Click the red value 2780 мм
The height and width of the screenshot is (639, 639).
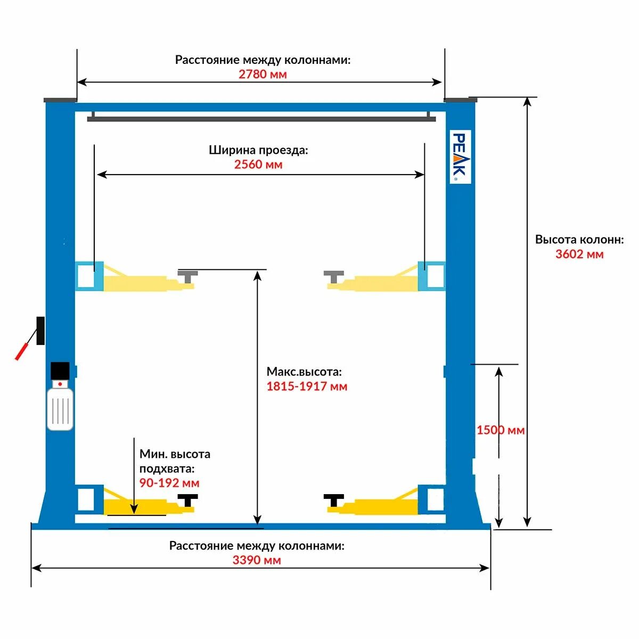[263, 74]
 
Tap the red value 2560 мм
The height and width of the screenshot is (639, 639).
[258, 165]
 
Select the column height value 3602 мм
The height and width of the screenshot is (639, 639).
[579, 254]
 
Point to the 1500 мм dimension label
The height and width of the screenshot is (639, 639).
[500, 430]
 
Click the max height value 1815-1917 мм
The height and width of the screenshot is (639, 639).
[307, 386]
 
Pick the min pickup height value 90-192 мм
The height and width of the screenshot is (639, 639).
[169, 483]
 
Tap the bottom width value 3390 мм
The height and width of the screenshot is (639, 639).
[257, 560]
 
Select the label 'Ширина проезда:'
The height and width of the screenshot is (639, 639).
[258, 150]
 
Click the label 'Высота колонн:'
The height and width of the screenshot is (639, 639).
[579, 240]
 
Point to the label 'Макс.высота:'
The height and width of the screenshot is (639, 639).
[304, 372]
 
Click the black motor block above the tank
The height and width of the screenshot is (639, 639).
[60, 371]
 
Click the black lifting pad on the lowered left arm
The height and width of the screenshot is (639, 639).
[187, 500]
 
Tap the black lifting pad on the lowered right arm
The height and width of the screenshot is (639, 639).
[334, 500]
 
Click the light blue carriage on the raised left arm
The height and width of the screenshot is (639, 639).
[89, 276]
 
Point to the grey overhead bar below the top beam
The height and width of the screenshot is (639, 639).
[261, 119]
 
